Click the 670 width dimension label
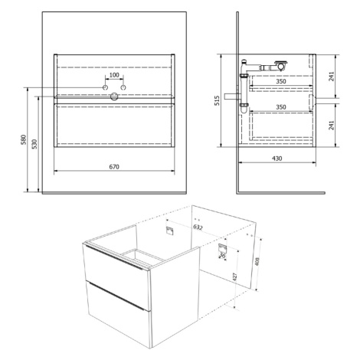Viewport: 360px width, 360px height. tap(114, 167)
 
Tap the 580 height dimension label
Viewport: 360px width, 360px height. tap(24, 139)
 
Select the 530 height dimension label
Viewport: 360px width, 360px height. tap(34, 144)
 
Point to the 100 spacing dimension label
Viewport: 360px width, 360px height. tap(114, 75)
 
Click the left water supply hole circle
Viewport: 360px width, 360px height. tap(105, 87)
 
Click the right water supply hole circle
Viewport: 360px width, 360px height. tap(123, 87)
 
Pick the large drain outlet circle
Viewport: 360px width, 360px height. tap(114, 97)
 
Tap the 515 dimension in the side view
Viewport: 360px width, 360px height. tap(217, 100)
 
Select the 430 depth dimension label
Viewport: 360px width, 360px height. tap(277, 159)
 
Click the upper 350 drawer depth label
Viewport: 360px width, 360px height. tap(281, 81)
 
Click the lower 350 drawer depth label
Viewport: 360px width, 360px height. tap(281, 107)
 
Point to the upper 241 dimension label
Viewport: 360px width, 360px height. tap(331, 77)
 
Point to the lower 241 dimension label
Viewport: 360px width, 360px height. tap(331, 126)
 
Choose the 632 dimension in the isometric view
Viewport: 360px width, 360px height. tap(198, 227)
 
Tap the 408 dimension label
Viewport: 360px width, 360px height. tap(257, 261)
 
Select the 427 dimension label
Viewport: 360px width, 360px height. tap(235, 277)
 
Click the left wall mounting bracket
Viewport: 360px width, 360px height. tap(169, 231)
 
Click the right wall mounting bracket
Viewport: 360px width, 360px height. tap(221, 248)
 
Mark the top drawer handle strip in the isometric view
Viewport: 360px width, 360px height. tap(114, 257)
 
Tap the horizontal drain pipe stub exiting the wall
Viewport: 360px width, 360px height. tap(232, 97)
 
